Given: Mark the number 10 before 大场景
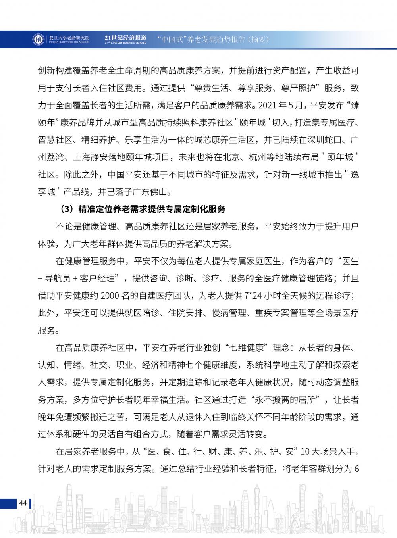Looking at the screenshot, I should [305, 452].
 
